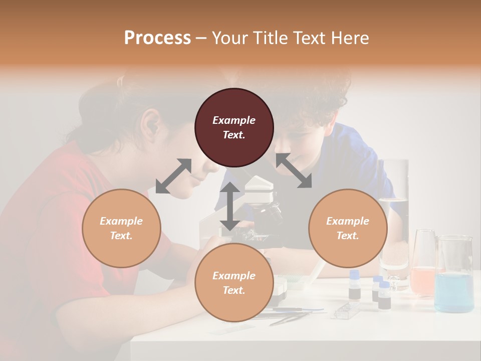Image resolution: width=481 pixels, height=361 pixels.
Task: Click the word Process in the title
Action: pos(157,38)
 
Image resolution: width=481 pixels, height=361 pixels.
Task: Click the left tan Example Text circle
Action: pos(121,228)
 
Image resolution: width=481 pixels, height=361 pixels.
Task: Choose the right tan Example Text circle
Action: pos(348,228)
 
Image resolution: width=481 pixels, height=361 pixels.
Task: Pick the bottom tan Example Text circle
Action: pos(234,283)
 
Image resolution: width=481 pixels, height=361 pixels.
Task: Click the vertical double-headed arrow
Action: pos(230,206)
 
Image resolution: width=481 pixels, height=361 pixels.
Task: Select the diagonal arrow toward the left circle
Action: pos(173,176)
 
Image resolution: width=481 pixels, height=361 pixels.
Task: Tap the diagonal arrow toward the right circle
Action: pos(294,170)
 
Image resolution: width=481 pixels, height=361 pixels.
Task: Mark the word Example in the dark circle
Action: pos(234,120)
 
